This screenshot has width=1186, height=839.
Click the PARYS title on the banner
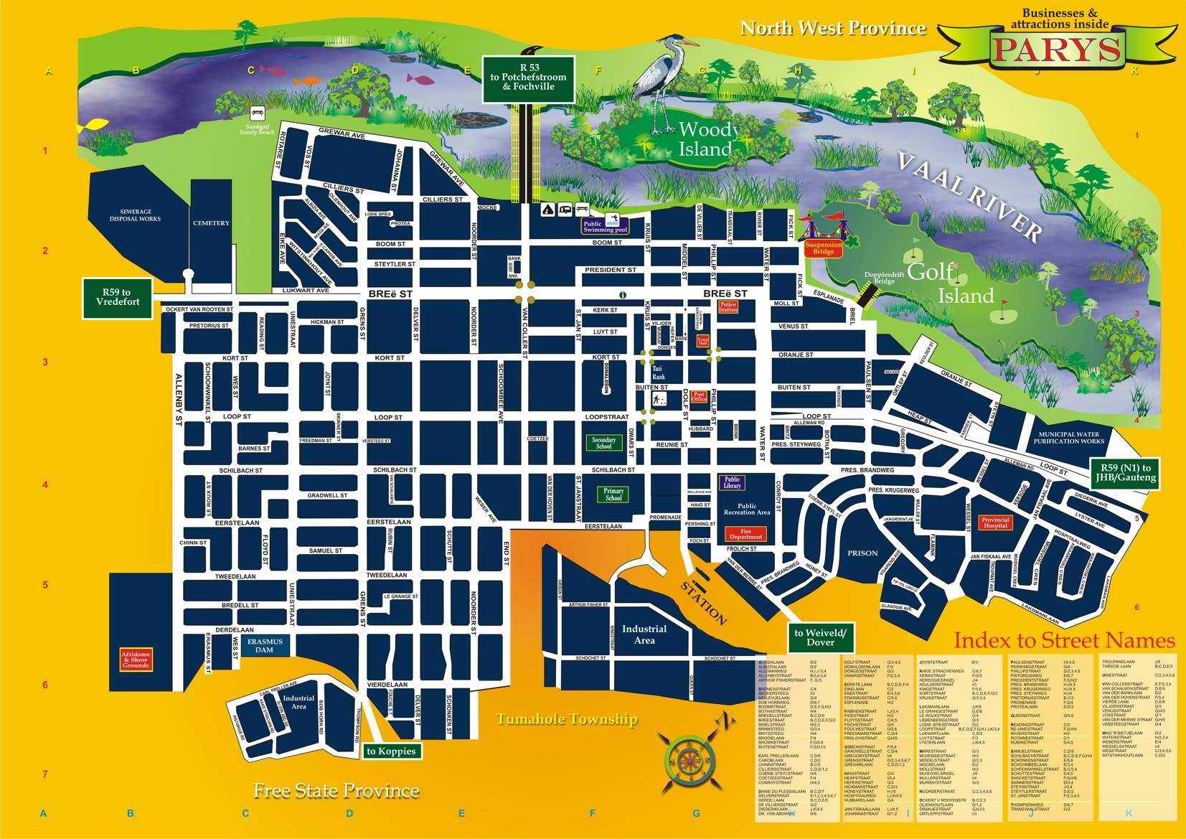pos(1056,48)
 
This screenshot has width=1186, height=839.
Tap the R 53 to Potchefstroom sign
pos(528,77)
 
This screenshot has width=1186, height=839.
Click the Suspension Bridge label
pos(822,248)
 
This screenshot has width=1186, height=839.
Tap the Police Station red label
pos(728,307)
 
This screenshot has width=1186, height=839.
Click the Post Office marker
pos(699,396)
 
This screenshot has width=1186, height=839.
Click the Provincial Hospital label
pos(995,522)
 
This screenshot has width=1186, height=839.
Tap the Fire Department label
pos(746,533)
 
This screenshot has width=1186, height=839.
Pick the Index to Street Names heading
pos(1064,640)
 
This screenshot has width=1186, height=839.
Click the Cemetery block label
pos(211,223)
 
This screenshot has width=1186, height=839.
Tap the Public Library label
pos(732,482)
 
